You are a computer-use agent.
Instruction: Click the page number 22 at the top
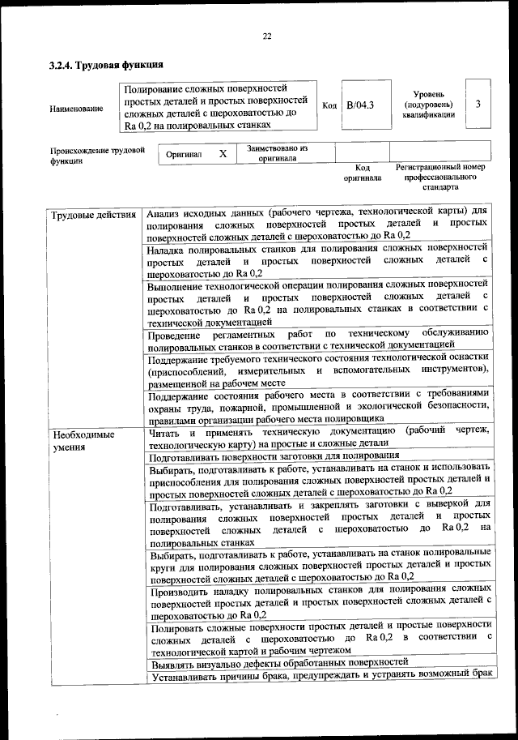(x=266, y=35)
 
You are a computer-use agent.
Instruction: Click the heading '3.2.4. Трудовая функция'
(x=106, y=65)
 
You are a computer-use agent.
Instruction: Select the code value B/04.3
(x=359, y=105)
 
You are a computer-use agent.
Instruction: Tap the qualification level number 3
(x=478, y=105)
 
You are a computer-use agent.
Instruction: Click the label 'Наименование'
(x=76, y=108)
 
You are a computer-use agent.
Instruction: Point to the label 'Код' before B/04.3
(x=329, y=105)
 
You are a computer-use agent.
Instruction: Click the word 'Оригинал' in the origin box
(x=184, y=153)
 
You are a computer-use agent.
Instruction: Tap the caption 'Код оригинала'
(x=362, y=172)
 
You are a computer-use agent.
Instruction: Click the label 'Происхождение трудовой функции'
(x=97, y=155)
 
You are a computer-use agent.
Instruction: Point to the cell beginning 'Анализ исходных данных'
(x=318, y=224)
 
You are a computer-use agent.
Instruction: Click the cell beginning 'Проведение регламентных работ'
(x=318, y=340)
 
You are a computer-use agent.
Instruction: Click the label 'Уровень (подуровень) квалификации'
(x=427, y=105)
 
